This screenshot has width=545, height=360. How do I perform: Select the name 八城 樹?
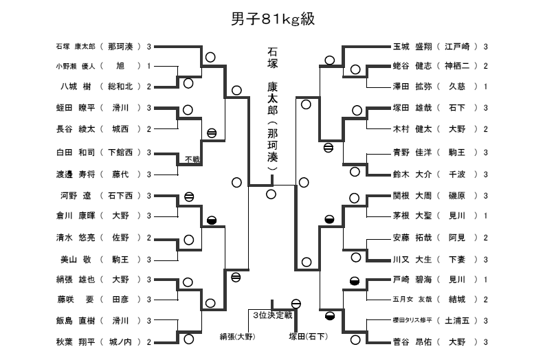(x=76, y=87)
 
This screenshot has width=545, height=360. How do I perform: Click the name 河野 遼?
(x=76, y=196)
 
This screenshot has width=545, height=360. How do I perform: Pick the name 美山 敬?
(x=76, y=260)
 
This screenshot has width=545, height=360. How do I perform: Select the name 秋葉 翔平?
(x=76, y=341)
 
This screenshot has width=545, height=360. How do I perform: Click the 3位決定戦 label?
(x=272, y=315)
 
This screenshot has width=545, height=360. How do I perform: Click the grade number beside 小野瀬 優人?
(x=148, y=67)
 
